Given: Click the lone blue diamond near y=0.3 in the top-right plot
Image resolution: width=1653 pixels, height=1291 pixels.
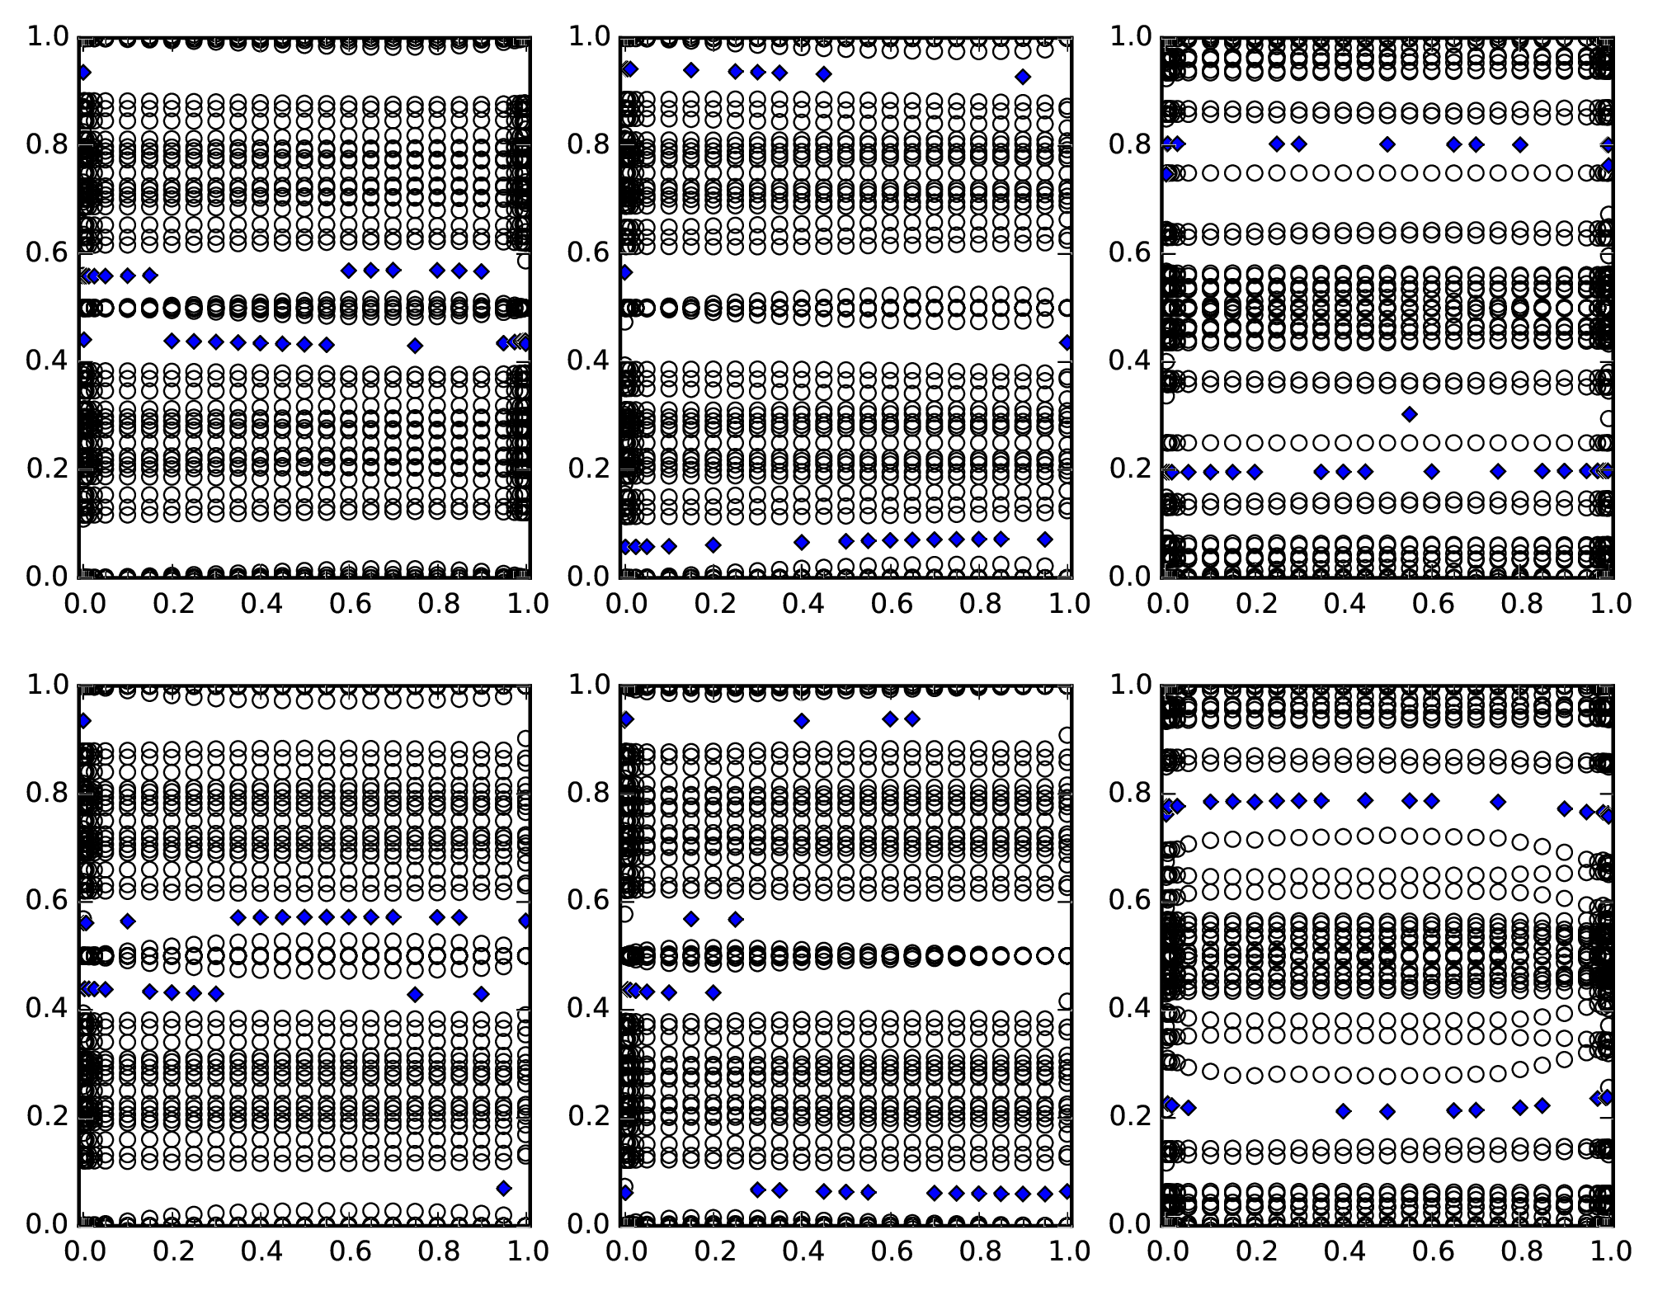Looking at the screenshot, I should [x=1410, y=414].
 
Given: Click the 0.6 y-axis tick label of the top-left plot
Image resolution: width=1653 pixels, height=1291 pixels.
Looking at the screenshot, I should [x=49, y=252].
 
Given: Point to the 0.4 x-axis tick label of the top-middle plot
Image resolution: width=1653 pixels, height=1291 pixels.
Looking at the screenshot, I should [x=802, y=604].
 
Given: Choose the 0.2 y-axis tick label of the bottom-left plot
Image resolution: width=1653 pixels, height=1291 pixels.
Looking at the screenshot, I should [x=49, y=1116].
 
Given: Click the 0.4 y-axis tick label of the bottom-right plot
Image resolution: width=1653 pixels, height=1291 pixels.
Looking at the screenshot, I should [x=1131, y=1008].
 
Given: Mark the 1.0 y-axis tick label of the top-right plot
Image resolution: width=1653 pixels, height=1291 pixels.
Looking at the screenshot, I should [x=1131, y=36].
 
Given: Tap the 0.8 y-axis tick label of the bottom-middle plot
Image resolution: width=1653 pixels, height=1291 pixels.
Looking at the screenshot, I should [x=590, y=793].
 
